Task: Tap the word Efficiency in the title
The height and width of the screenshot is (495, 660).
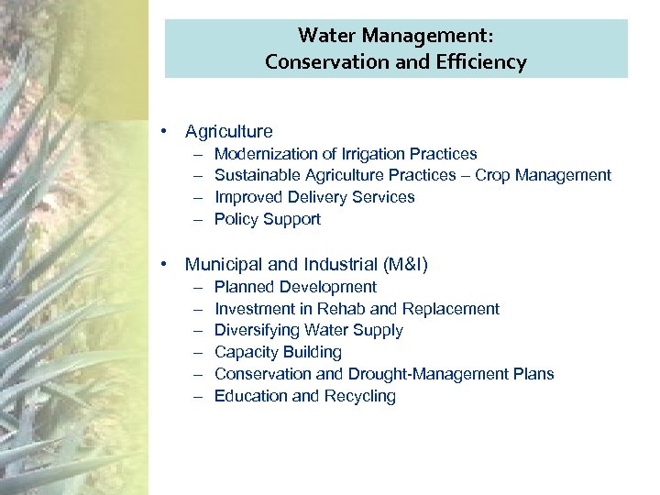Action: [x=483, y=62]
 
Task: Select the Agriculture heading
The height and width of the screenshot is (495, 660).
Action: [x=228, y=132]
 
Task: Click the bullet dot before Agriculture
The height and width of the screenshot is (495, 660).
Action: [x=162, y=131]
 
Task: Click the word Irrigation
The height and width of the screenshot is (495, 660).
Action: [x=369, y=154]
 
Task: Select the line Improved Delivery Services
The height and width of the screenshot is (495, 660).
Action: [x=313, y=197]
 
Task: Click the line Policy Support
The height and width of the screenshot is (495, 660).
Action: [x=267, y=219]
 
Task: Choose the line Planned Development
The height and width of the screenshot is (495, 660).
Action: [x=295, y=287]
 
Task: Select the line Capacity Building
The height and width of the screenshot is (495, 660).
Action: [x=278, y=352]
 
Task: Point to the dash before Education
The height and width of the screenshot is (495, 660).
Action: [x=198, y=396]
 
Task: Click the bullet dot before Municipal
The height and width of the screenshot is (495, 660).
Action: [x=162, y=264]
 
